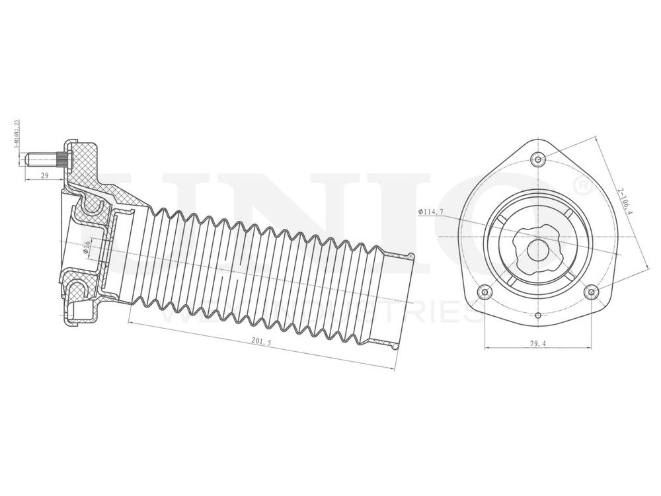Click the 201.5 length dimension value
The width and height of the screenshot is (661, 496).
click(x=262, y=342)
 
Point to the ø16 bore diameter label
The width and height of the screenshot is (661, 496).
click(x=87, y=247)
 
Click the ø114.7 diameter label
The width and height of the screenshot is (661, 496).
click(x=430, y=212)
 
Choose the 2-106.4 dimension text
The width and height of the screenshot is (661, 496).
click(x=625, y=201)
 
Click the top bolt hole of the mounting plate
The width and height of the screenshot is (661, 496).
click(x=539, y=159)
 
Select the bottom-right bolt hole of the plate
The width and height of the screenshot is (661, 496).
click(x=592, y=292)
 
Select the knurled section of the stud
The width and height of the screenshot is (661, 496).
click(x=63, y=159)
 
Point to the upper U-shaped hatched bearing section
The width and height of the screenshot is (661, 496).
click(x=93, y=211)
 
